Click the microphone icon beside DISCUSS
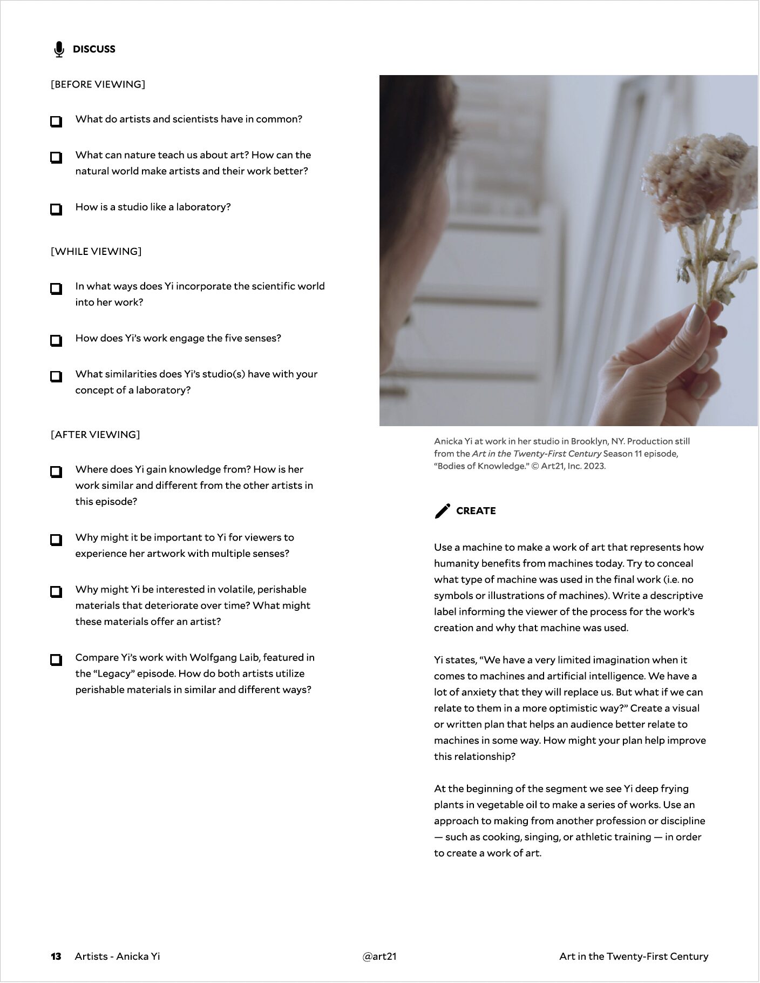(x=59, y=49)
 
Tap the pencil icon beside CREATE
(x=442, y=511)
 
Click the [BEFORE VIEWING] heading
(x=98, y=84)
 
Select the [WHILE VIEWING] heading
(x=96, y=251)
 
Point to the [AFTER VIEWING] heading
(x=95, y=435)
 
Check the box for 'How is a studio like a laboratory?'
(x=56, y=209)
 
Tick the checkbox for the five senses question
(x=56, y=340)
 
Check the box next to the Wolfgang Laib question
(x=56, y=659)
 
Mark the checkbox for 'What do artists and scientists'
(x=56, y=121)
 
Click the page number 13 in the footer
(x=56, y=957)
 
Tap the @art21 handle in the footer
(x=379, y=957)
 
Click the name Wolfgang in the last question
(x=213, y=657)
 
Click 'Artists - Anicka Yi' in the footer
(x=117, y=957)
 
